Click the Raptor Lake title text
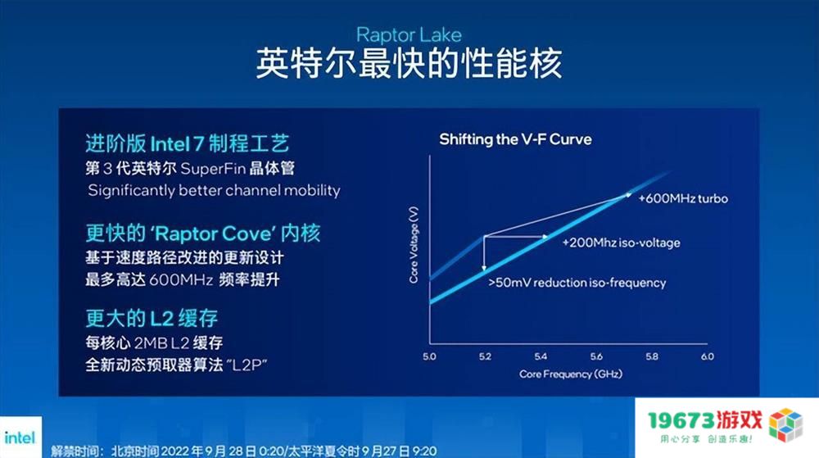[x=409, y=35]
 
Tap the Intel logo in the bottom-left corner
[x=20, y=438]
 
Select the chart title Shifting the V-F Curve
[x=515, y=139]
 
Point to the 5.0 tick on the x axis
[x=429, y=356]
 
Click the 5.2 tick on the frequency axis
[x=485, y=356]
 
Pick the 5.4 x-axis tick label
[x=541, y=356]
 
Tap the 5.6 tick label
[x=596, y=356]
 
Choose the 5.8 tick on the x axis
[x=652, y=356]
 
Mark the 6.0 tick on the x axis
[x=708, y=356]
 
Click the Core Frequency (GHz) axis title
[x=570, y=374]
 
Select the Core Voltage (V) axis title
[x=414, y=245]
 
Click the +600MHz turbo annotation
[x=683, y=198]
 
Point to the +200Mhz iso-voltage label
[x=621, y=243]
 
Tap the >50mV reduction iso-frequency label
[x=577, y=283]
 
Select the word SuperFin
[x=213, y=169]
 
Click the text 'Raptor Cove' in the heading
[x=213, y=234]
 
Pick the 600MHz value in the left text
[x=181, y=280]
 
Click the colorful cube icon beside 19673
[x=785, y=424]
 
